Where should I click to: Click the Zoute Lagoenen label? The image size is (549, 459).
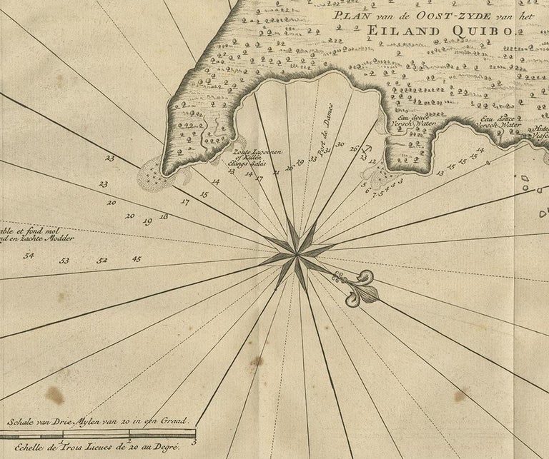click(247, 152)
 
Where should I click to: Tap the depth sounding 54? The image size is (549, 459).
click(29, 255)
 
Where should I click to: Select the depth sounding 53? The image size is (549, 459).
click(64, 261)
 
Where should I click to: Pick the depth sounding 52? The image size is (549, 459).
click(102, 260)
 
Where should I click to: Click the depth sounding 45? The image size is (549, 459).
click(137, 258)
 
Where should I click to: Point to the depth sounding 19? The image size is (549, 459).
click(147, 222)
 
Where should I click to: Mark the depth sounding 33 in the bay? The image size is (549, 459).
click(313, 158)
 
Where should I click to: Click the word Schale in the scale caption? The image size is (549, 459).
click(21, 421)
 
